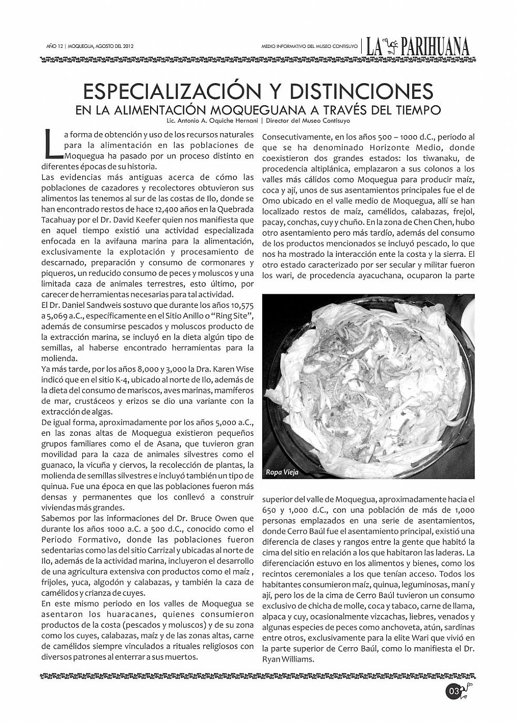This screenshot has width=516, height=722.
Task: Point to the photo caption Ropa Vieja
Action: tap(282, 472)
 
